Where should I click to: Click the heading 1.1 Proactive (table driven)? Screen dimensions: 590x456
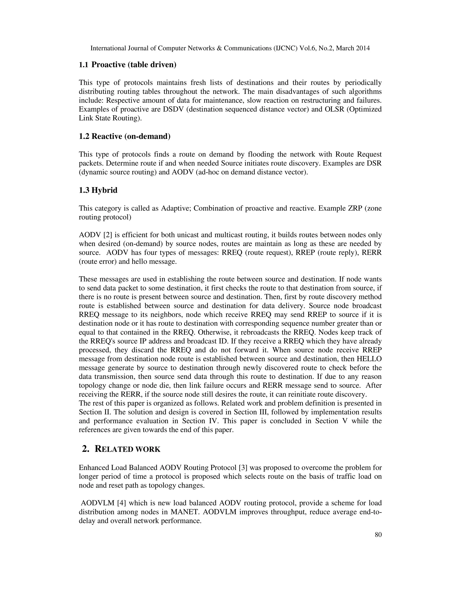point(128,65)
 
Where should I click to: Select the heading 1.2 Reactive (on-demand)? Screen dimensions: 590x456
point(124,136)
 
